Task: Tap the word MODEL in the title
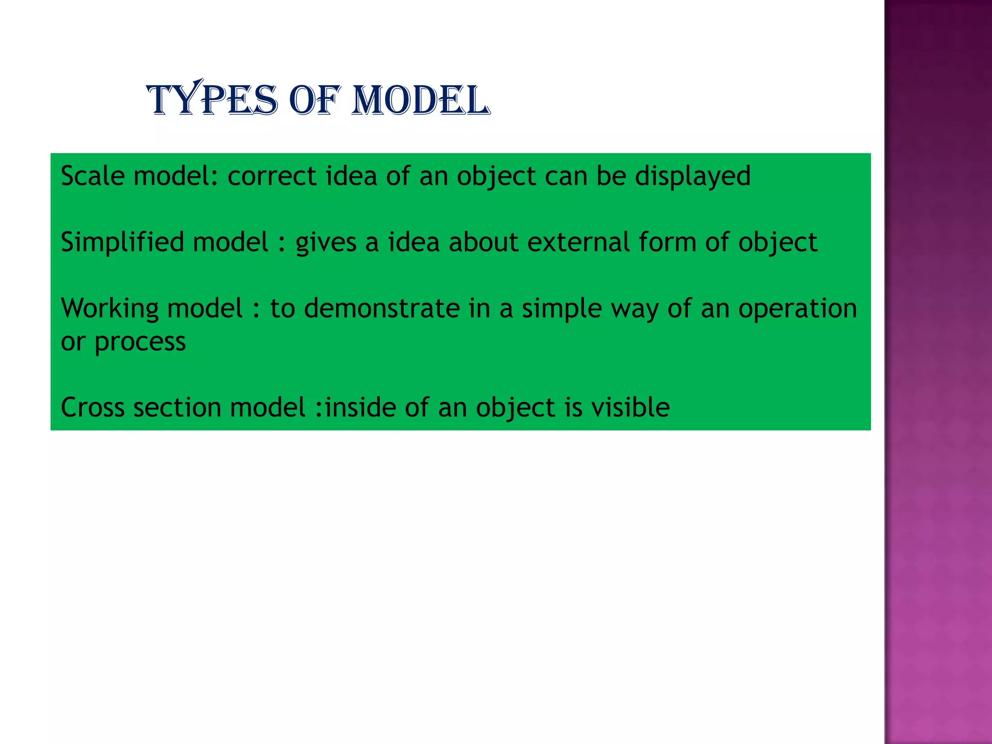[x=420, y=100]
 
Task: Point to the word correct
[x=272, y=175]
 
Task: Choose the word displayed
[x=693, y=175]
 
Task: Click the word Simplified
[x=123, y=242]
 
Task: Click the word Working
[x=109, y=308]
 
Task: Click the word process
[x=140, y=342]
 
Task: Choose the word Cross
[x=93, y=407]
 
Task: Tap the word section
[x=177, y=407]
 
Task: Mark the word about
[x=483, y=242]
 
